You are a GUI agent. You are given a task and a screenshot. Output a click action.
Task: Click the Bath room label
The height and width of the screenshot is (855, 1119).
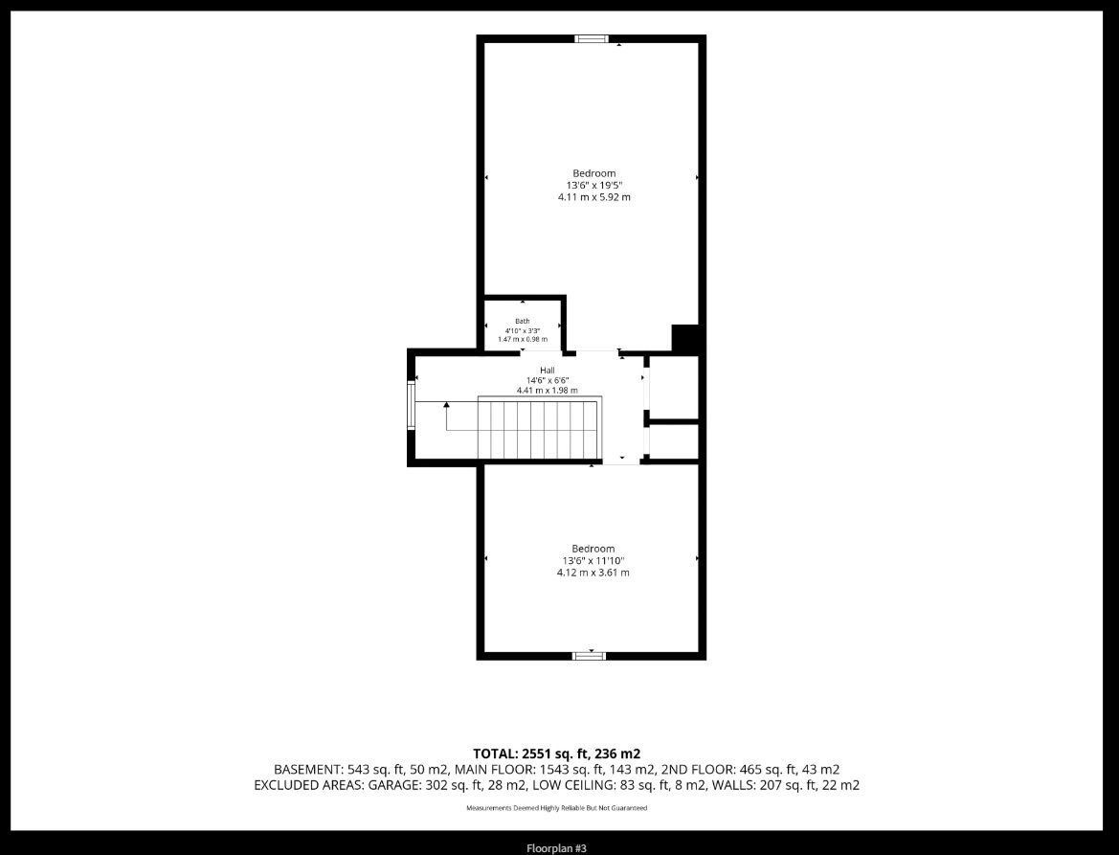[x=523, y=321]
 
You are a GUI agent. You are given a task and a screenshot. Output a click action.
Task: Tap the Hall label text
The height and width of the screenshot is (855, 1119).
[x=548, y=371]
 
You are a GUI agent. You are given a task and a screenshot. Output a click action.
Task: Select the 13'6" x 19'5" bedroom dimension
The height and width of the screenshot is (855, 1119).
[x=593, y=185]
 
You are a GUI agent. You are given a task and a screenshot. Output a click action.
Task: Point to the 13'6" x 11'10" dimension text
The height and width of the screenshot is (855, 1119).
[x=593, y=561]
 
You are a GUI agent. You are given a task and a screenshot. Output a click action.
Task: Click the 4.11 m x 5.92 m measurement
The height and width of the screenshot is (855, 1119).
[x=593, y=197]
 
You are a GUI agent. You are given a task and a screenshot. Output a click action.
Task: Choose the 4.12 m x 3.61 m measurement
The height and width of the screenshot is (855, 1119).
[x=593, y=573]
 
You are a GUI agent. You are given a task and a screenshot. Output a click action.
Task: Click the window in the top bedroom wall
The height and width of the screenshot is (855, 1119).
[x=592, y=38]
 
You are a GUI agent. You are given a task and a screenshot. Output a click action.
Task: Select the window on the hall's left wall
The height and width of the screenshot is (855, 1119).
[x=411, y=405]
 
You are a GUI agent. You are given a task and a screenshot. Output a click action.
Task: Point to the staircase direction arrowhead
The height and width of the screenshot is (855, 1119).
[x=447, y=406]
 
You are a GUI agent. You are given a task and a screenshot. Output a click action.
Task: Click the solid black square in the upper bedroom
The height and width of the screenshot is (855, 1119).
[x=685, y=338]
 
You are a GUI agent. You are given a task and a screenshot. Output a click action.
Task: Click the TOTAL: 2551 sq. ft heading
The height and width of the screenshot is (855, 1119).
[x=557, y=754]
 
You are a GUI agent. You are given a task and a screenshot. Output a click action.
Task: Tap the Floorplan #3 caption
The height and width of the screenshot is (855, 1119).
[x=557, y=848]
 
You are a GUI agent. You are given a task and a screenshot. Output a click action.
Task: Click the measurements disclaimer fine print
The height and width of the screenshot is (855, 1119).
[x=557, y=809]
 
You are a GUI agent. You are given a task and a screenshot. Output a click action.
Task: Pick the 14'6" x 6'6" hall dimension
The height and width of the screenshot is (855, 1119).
[x=548, y=380]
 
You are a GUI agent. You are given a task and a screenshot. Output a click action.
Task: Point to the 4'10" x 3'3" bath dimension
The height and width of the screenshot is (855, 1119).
[x=523, y=330]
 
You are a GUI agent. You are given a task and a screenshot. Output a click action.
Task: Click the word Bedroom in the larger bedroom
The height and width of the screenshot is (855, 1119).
[x=593, y=173]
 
